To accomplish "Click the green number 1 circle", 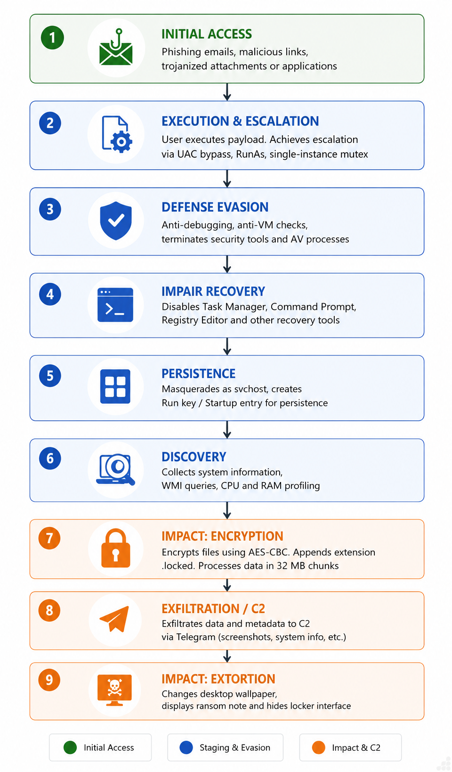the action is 52,38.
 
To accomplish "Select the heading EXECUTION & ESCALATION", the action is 240,121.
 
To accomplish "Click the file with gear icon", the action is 117,134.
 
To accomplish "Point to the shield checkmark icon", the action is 116,221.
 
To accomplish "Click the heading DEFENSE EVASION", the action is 215,207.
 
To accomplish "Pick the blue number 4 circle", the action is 50,294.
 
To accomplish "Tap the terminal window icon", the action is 115,304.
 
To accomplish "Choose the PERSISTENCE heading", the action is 199,374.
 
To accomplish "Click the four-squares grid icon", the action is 115,386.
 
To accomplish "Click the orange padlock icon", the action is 116,548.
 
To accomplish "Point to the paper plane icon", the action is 114,619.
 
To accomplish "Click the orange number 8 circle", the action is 49,610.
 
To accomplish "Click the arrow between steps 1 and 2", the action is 227,92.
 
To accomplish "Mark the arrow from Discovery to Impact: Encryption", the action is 227,510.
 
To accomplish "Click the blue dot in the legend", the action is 186,747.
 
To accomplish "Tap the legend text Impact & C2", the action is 356,747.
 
